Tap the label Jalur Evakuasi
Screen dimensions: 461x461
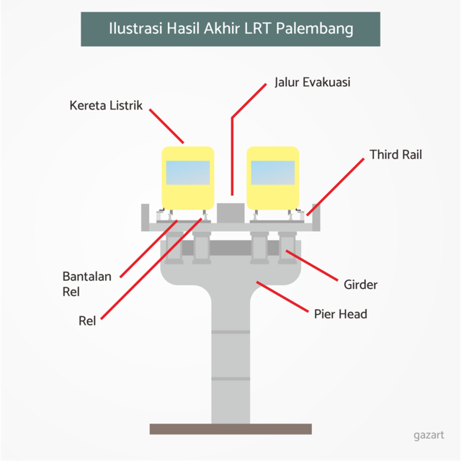[x=312, y=82]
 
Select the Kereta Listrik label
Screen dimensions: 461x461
[x=106, y=106]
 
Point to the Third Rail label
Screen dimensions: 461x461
[x=395, y=155]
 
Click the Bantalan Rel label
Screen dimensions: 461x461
[x=86, y=284]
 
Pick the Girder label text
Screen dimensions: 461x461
[x=360, y=285]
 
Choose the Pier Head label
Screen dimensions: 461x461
[x=340, y=313]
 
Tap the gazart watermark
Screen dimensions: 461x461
[x=429, y=434]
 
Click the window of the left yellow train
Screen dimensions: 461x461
[x=188, y=173]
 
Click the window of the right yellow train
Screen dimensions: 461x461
[x=273, y=173]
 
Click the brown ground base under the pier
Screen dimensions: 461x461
[x=230, y=429]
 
